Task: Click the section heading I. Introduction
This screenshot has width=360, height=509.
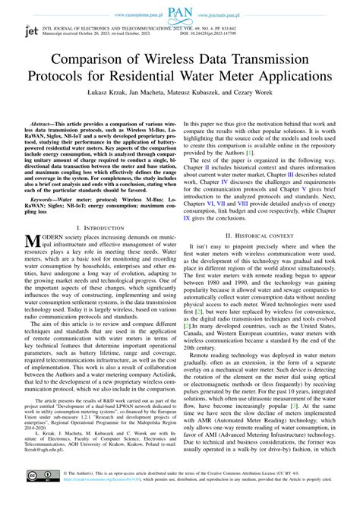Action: pos(90,228)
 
